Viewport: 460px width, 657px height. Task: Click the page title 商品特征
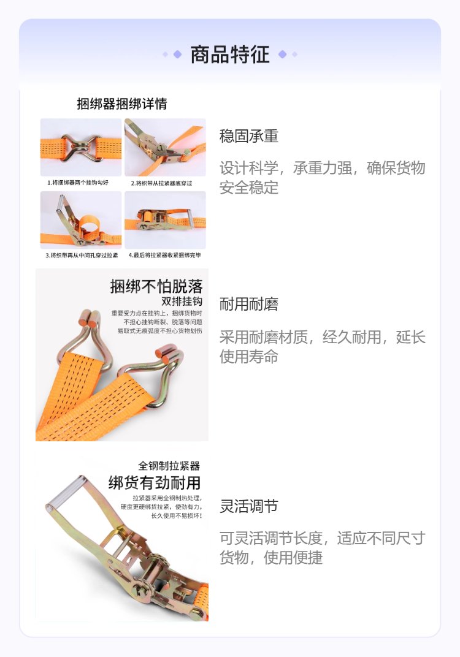pyautogui.click(x=230, y=55)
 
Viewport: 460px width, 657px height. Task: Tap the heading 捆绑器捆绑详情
pyautogui.click(x=122, y=104)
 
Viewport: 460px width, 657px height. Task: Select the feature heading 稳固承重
pyautogui.click(x=248, y=136)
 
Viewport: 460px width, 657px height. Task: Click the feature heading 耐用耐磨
pyautogui.click(x=248, y=304)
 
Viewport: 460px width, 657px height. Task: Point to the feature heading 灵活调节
pyautogui.click(x=248, y=506)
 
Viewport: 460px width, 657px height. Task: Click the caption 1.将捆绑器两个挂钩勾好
pyautogui.click(x=78, y=183)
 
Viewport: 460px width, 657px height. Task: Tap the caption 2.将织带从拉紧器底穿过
pyautogui.click(x=161, y=183)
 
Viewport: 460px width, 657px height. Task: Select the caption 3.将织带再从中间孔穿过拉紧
pyautogui.click(x=82, y=255)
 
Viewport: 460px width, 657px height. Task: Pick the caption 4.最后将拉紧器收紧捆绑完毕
pyautogui.click(x=165, y=255)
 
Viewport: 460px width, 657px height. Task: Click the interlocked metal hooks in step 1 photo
pyautogui.click(x=81, y=148)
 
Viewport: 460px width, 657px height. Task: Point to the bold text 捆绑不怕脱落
pyautogui.click(x=156, y=287)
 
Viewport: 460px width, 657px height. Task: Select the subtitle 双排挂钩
pyautogui.click(x=182, y=302)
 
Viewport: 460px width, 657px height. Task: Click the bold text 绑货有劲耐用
pyautogui.click(x=155, y=483)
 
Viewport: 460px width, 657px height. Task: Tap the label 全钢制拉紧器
pyautogui.click(x=169, y=466)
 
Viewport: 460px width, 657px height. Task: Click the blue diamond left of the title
pyautogui.click(x=177, y=55)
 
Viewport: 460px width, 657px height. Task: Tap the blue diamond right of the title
pyautogui.click(x=283, y=55)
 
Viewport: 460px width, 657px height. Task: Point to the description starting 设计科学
pyautogui.click(x=322, y=178)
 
